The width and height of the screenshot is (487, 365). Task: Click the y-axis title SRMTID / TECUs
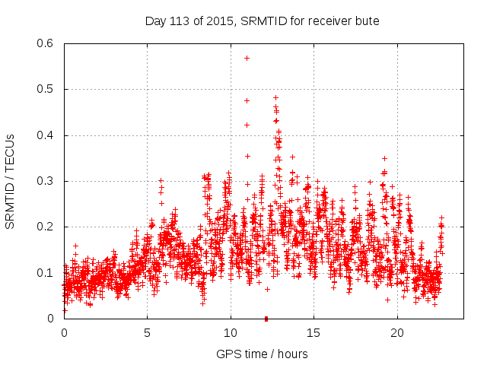coord(10,182)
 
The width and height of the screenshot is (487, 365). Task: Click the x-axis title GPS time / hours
coord(263,354)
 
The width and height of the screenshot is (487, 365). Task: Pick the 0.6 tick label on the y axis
coord(45,43)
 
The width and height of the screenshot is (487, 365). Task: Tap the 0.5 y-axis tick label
coord(45,89)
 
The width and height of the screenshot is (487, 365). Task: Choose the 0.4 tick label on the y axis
coord(45,135)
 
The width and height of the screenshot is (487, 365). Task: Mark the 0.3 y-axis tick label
coord(45,181)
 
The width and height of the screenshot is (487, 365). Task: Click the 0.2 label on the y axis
coord(45,227)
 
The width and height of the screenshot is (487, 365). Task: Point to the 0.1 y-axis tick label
coord(45,273)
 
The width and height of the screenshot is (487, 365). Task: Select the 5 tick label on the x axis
coord(148,333)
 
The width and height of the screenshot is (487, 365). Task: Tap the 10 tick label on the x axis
coord(231,333)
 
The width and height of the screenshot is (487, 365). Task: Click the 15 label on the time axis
coord(314,333)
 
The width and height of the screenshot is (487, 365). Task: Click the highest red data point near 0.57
coord(247,58)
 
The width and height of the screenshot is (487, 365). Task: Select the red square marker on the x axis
coord(266,319)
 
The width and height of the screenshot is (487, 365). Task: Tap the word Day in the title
coord(155,21)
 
